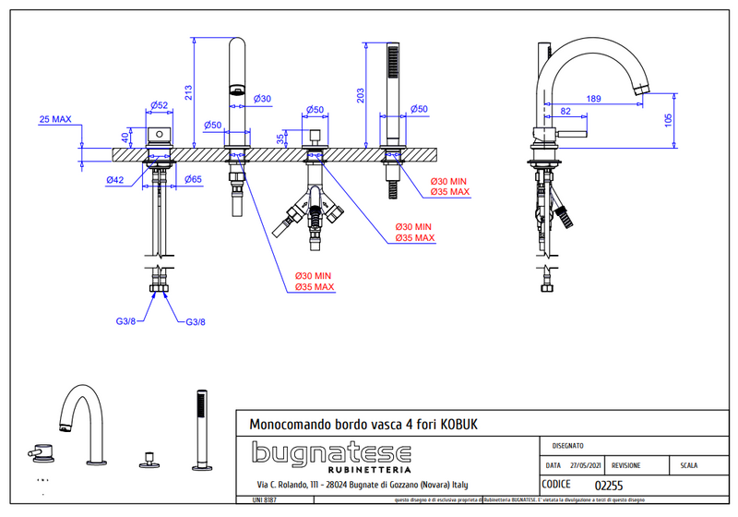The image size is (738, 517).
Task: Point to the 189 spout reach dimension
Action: [593, 98]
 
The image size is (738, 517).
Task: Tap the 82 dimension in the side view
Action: [565, 111]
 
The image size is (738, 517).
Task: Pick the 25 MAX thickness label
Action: [55, 119]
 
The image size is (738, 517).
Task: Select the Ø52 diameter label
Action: [158, 104]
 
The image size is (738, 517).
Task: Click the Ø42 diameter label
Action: [116, 179]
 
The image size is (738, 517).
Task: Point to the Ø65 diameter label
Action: [193, 179]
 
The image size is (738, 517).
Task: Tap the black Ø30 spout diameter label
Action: [262, 99]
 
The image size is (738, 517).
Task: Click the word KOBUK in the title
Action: [457, 423]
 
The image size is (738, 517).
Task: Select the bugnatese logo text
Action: [332, 453]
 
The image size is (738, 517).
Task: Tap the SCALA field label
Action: [691, 466]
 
